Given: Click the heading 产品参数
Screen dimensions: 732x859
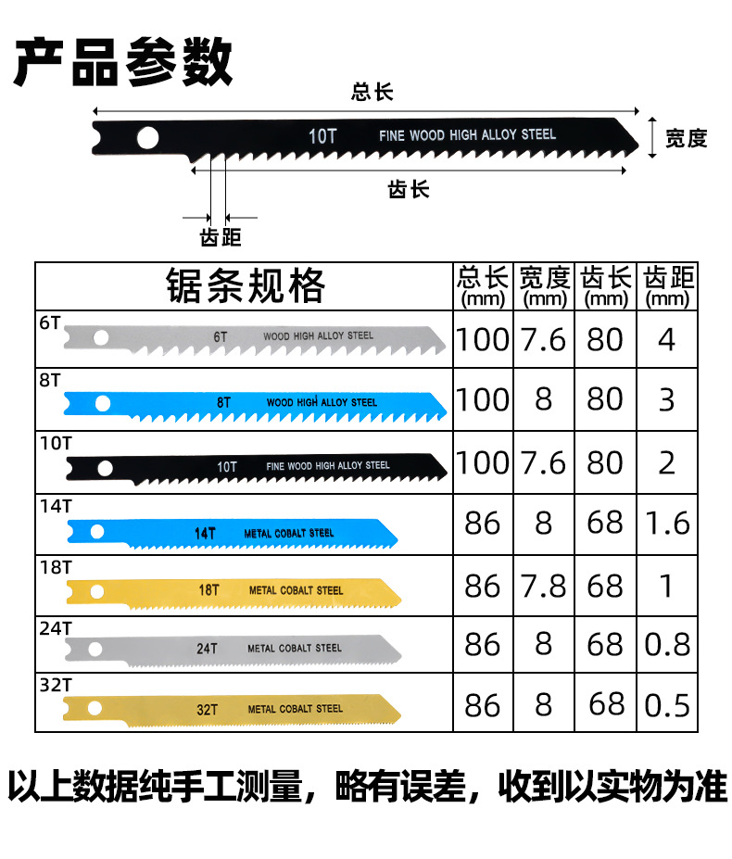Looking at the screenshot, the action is (122, 62).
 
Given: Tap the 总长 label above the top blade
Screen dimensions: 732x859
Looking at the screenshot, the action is (372, 92).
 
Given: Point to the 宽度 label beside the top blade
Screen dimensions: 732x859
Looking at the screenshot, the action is (687, 138).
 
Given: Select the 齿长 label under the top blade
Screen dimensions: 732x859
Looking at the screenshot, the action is (409, 189).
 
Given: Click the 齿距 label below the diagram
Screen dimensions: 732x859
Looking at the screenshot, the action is (221, 238).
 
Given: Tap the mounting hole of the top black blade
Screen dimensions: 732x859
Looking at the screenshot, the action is (147, 138).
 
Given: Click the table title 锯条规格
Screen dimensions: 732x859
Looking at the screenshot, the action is (246, 285).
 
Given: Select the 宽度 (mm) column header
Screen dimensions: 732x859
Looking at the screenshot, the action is (544, 285).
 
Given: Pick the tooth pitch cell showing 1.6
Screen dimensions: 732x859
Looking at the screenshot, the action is (667, 523).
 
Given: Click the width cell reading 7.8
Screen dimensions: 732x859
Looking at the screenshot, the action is (544, 586).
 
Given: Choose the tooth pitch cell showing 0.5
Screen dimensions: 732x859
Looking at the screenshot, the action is (667, 706).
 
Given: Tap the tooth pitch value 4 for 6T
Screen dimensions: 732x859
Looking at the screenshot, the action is (667, 339).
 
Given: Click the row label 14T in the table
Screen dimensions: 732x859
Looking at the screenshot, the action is (55, 505).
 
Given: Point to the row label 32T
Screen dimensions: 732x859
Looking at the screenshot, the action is (55, 686).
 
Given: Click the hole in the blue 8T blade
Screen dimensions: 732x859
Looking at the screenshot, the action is (102, 403).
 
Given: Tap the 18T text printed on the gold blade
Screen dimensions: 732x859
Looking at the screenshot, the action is (209, 589).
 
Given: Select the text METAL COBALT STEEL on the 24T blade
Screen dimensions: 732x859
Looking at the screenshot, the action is (295, 649).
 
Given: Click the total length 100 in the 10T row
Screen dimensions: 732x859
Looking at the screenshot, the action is (483, 462).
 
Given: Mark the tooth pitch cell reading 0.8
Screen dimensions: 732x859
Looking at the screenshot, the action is (667, 645).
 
